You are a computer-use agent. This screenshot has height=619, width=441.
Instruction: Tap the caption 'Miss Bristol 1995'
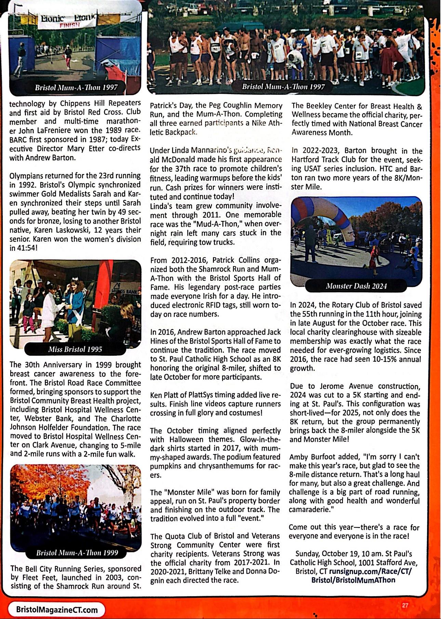pyautogui.click(x=75, y=349)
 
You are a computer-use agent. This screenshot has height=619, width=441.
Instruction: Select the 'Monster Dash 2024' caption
pyautogui.click(x=356, y=286)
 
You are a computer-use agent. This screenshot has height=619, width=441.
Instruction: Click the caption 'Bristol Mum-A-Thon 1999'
pyautogui.click(x=77, y=553)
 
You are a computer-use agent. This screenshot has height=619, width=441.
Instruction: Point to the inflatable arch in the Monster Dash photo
pyautogui.click(x=338, y=219)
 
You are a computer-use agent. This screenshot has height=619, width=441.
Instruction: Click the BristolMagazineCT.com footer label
pyautogui.click(x=57, y=609)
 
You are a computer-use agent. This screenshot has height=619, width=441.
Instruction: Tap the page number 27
pyautogui.click(x=405, y=605)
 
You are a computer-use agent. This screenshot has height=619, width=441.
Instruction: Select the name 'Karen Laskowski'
pyautogui.click(x=66, y=230)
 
